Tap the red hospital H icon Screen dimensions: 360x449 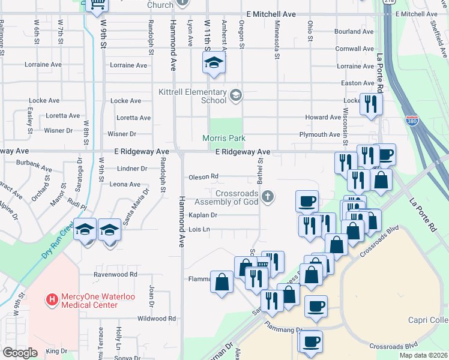click(52, 298)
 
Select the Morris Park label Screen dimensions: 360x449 click(224, 138)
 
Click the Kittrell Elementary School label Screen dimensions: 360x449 click(193, 96)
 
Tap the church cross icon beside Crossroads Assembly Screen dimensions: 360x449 click(268, 195)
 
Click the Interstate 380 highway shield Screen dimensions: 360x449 click(412, 121)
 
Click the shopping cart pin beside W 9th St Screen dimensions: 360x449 click(97, 5)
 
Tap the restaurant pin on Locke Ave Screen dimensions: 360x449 click(370, 104)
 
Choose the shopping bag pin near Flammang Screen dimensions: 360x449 click(221, 282)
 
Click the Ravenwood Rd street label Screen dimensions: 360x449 click(115, 274)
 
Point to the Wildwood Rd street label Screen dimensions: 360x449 click(157, 319)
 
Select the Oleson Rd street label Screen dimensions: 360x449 click(203, 176)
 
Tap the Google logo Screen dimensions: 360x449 click(20, 353)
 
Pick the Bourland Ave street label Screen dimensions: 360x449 click(354, 32)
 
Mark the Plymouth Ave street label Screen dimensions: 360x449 click(319, 134)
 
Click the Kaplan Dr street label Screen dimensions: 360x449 click(202, 215)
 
